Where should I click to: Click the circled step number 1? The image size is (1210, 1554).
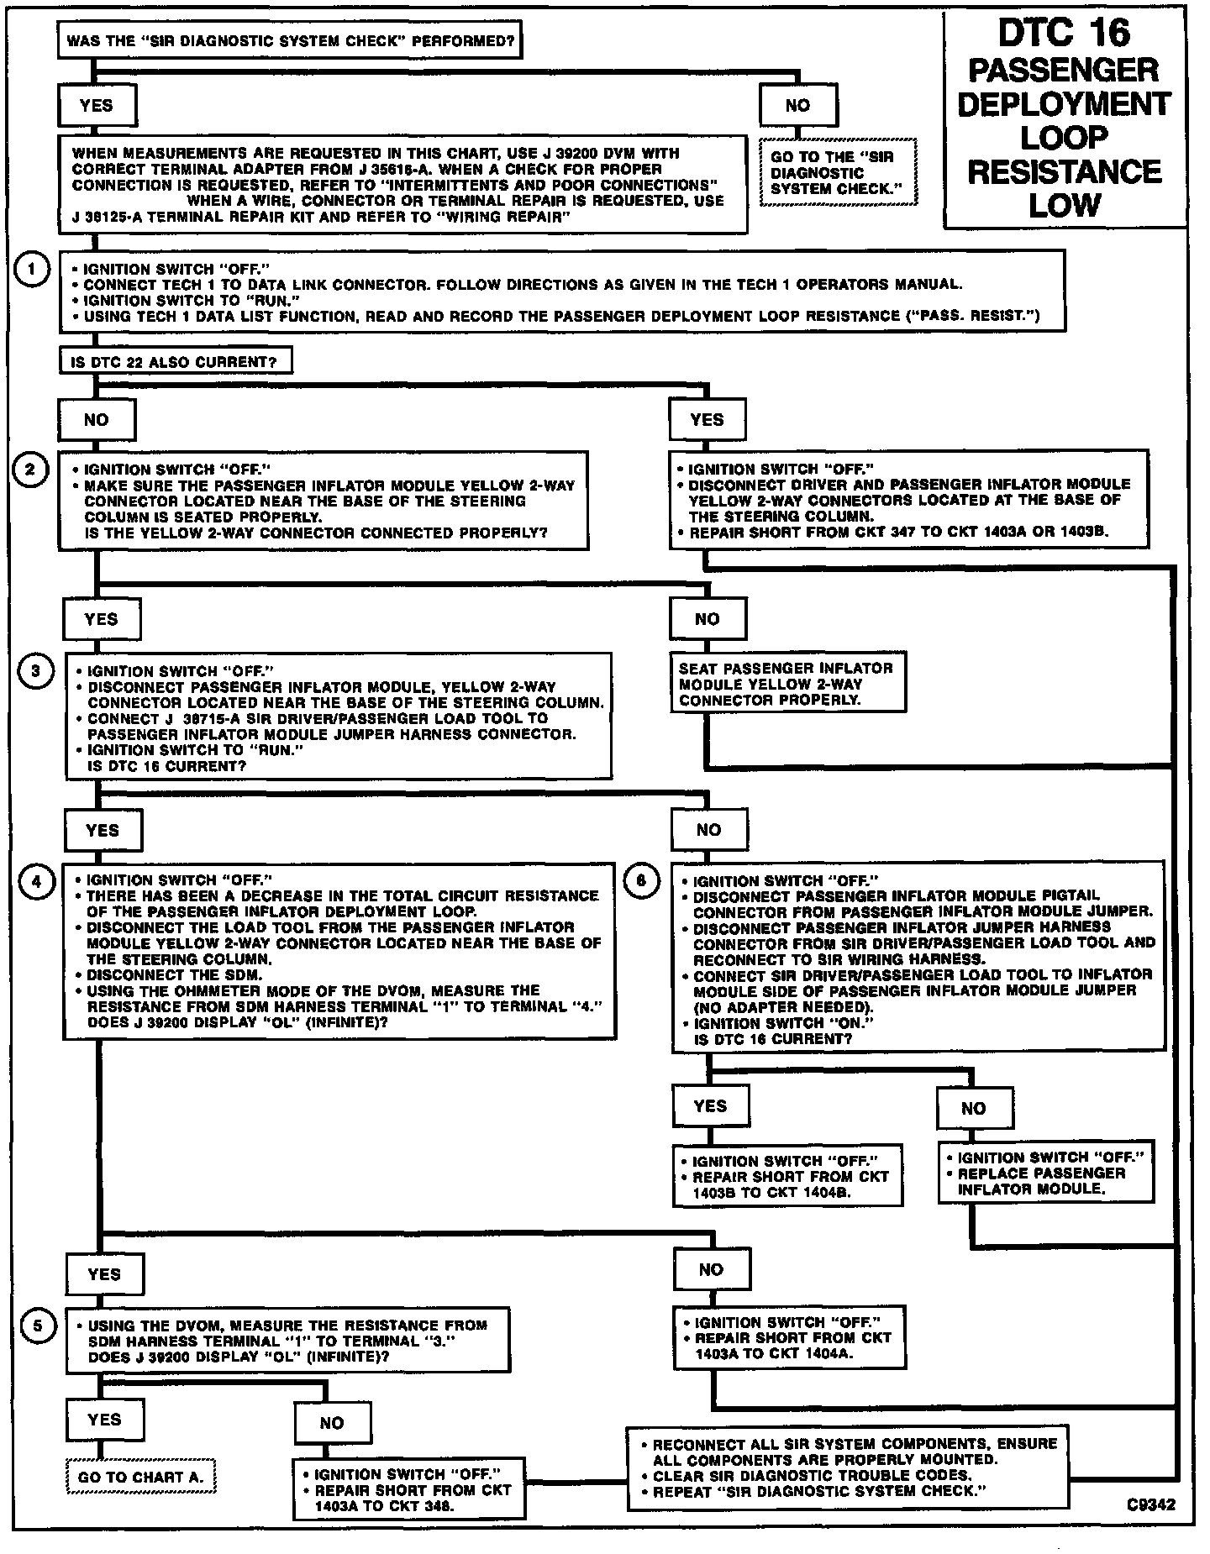32,270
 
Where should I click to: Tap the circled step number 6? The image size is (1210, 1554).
641,881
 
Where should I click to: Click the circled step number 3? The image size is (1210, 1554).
34,670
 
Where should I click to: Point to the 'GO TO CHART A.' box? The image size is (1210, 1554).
141,1477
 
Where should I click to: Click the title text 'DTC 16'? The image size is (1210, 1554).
1064,34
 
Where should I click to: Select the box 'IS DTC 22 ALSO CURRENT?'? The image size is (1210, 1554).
176,362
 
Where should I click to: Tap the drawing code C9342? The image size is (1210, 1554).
1151,1505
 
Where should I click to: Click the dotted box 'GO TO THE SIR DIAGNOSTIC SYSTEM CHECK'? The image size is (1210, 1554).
838,173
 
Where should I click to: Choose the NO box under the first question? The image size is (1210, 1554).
797,105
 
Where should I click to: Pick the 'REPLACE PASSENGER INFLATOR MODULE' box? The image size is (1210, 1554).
1045,1173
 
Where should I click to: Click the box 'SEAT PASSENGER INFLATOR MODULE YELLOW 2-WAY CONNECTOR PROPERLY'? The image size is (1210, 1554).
786,684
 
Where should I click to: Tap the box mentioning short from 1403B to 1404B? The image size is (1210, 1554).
787,1176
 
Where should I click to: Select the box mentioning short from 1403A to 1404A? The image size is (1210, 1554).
788,1337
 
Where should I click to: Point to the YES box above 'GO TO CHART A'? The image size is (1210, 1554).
104,1420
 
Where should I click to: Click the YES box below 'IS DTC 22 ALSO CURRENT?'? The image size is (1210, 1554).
707,419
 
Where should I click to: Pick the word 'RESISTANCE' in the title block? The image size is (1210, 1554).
1064,171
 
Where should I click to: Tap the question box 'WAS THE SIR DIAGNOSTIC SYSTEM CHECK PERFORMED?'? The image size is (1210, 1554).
290,39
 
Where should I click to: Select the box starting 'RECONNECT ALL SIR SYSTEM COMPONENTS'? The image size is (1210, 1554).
847,1467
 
